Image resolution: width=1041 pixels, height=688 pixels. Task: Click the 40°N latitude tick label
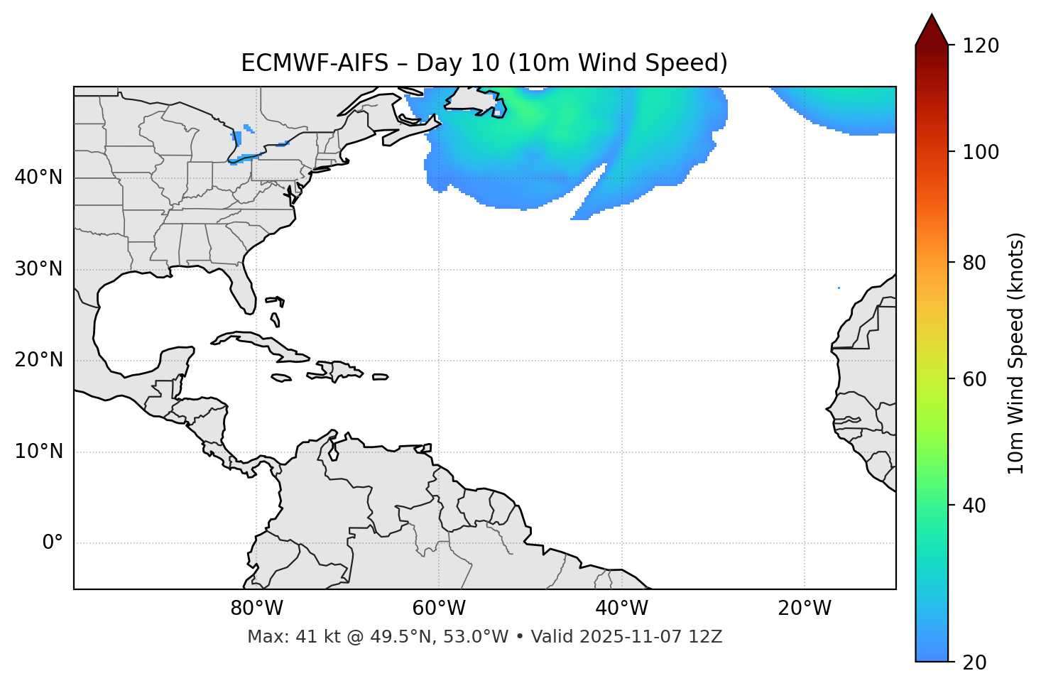click(38, 178)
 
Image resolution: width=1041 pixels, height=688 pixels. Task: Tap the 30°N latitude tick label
click(38, 269)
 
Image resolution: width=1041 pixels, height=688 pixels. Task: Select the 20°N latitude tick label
click(38, 360)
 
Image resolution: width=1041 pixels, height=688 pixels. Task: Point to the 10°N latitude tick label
click(38, 452)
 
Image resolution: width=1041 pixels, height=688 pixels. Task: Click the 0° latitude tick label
click(53, 543)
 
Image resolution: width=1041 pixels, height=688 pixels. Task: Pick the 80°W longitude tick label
click(256, 608)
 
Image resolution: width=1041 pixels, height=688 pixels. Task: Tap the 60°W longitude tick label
click(439, 608)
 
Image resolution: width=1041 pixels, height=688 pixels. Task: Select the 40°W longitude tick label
click(621, 608)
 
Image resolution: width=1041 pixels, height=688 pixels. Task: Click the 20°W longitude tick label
click(804, 608)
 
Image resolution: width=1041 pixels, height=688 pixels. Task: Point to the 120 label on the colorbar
click(981, 46)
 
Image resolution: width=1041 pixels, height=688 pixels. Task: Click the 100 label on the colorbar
click(981, 153)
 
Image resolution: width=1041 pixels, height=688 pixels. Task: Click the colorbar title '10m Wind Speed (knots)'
click(1016, 354)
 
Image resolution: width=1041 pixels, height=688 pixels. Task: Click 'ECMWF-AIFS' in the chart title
click(315, 63)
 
